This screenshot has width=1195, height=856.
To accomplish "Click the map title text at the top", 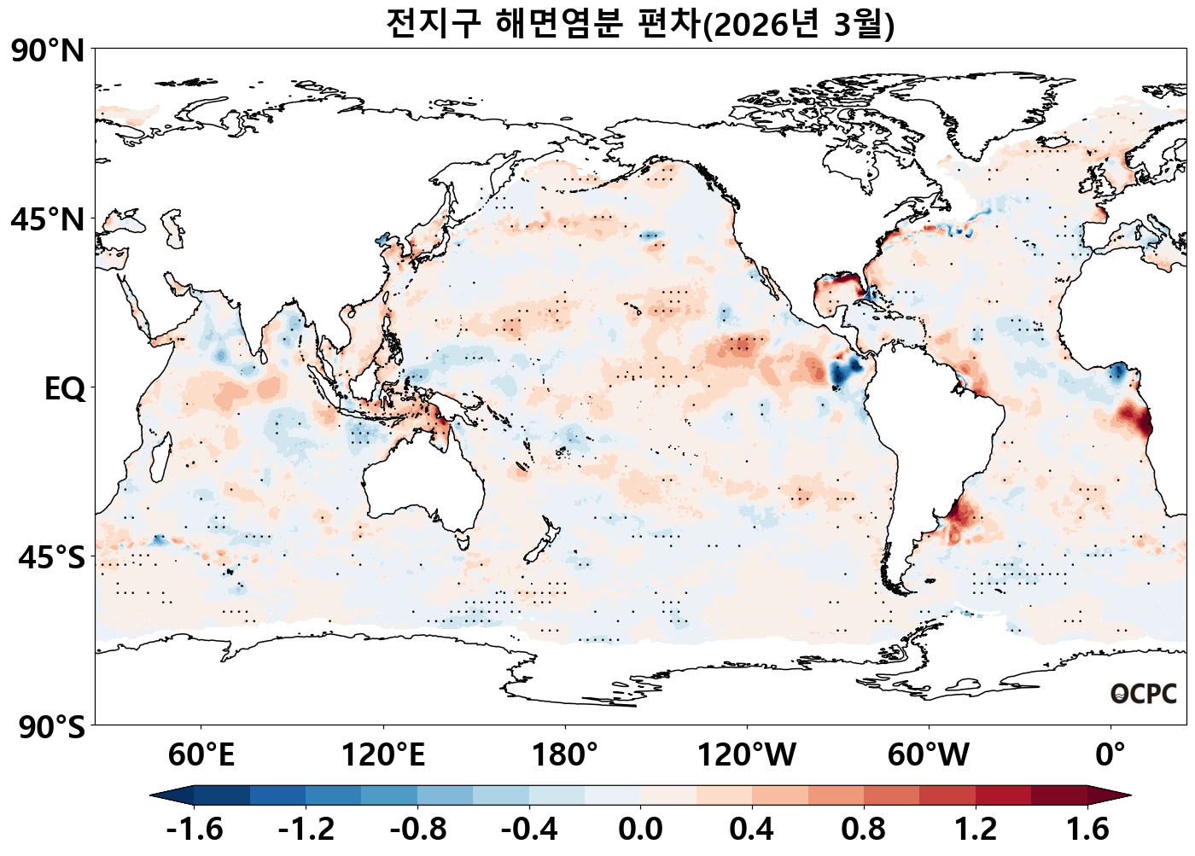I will (x=639, y=24).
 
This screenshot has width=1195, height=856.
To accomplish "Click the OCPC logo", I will (x=1143, y=694).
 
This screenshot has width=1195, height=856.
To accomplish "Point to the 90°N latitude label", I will (x=48, y=51).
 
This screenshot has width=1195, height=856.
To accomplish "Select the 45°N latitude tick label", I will (x=48, y=220).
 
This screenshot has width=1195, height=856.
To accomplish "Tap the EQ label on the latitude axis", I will (x=65, y=389).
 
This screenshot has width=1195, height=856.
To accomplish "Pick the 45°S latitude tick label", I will (x=51, y=558).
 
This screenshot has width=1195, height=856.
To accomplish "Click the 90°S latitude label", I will (x=51, y=727).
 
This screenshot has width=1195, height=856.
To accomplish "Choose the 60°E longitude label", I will (x=201, y=754).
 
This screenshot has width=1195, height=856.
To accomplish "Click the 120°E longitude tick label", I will (x=382, y=754).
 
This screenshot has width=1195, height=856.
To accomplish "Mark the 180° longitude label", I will (x=565, y=754).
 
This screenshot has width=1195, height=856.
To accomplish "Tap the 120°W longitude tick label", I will (x=747, y=754).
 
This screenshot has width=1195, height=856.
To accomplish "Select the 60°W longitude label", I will (x=929, y=754).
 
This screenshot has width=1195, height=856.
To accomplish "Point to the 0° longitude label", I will (x=1110, y=754).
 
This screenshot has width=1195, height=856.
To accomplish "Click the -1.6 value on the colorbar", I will (x=195, y=829).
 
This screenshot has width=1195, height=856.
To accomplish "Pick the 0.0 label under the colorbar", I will (x=640, y=829).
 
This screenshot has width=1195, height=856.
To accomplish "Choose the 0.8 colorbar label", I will (x=863, y=829).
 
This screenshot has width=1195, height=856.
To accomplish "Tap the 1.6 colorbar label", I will (x=1087, y=829).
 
